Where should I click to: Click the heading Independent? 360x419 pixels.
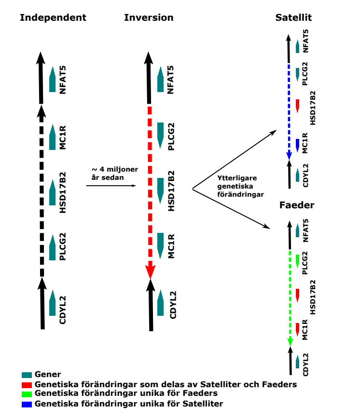pos(53,18)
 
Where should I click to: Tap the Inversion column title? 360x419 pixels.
pos(149,18)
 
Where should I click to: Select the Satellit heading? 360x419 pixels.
pos(293,18)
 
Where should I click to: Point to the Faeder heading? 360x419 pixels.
pos(297,205)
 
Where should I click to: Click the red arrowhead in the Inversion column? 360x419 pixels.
pos(150,272)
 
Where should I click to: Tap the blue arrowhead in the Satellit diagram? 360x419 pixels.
pos(289,156)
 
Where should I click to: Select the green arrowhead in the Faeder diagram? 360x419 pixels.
pos(290,342)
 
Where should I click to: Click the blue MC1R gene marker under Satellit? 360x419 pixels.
pos(297,145)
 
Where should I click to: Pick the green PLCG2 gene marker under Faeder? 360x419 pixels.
pos(297,261)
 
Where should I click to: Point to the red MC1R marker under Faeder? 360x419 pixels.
pos(297,329)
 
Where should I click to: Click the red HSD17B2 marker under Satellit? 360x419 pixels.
pos(297,106)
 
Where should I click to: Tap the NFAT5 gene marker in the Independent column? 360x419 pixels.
pos(53,79)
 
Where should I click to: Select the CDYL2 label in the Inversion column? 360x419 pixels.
pos(173,305)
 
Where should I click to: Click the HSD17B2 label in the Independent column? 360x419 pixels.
pos(62,192)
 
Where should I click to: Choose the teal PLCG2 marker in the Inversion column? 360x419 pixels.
pos(161,135)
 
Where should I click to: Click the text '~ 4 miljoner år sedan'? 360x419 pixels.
pos(115,174)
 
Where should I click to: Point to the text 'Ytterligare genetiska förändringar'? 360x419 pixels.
pos(240,186)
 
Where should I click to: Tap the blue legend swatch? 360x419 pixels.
pos(27,405)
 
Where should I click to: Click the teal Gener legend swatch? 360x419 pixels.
pos(27,375)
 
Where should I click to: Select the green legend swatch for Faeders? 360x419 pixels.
pos(27,394)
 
